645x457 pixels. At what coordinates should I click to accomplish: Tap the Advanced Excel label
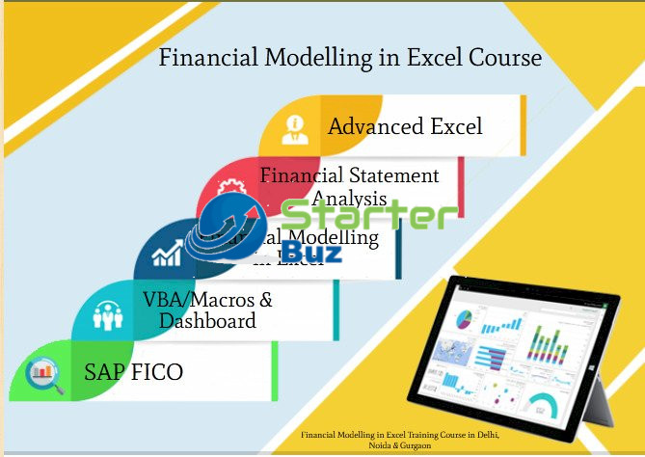(405, 126)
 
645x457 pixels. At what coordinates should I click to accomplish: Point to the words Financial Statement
(350, 175)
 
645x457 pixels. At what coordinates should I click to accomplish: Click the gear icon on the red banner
(231, 186)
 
